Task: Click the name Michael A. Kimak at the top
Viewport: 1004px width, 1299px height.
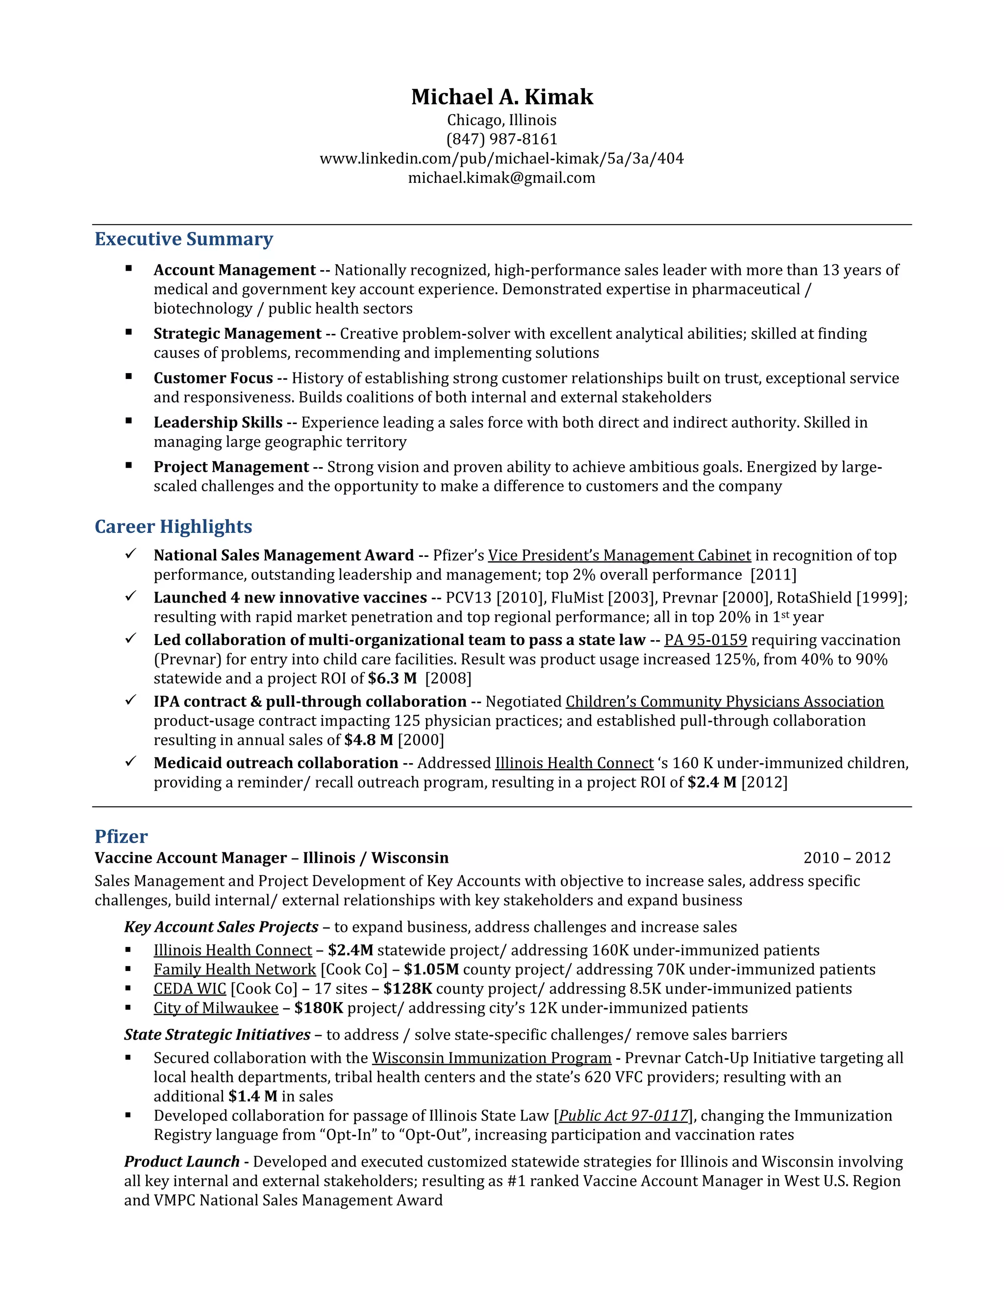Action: click(502, 97)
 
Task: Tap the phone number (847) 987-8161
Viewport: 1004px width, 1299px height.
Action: click(502, 139)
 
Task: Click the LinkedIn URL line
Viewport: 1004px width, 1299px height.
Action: click(502, 158)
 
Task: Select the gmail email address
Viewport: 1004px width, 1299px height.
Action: click(502, 178)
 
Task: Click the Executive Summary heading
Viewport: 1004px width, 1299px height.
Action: click(183, 239)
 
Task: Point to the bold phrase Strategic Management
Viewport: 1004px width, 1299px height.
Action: click(237, 334)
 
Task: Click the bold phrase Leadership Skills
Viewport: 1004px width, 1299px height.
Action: click(218, 422)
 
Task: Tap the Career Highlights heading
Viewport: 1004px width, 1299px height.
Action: click(173, 526)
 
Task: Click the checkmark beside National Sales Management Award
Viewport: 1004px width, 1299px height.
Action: click(130, 554)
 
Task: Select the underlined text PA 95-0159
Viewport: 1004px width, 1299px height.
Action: click(705, 640)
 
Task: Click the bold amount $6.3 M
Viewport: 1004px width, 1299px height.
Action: click(392, 678)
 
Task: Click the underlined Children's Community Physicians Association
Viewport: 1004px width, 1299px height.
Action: click(724, 702)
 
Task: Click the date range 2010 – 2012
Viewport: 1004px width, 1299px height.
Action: click(846, 858)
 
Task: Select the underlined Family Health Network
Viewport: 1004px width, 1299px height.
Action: click(234, 970)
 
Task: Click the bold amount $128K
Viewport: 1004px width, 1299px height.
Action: click(407, 989)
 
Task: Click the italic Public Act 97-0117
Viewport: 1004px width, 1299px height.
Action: click(624, 1115)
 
